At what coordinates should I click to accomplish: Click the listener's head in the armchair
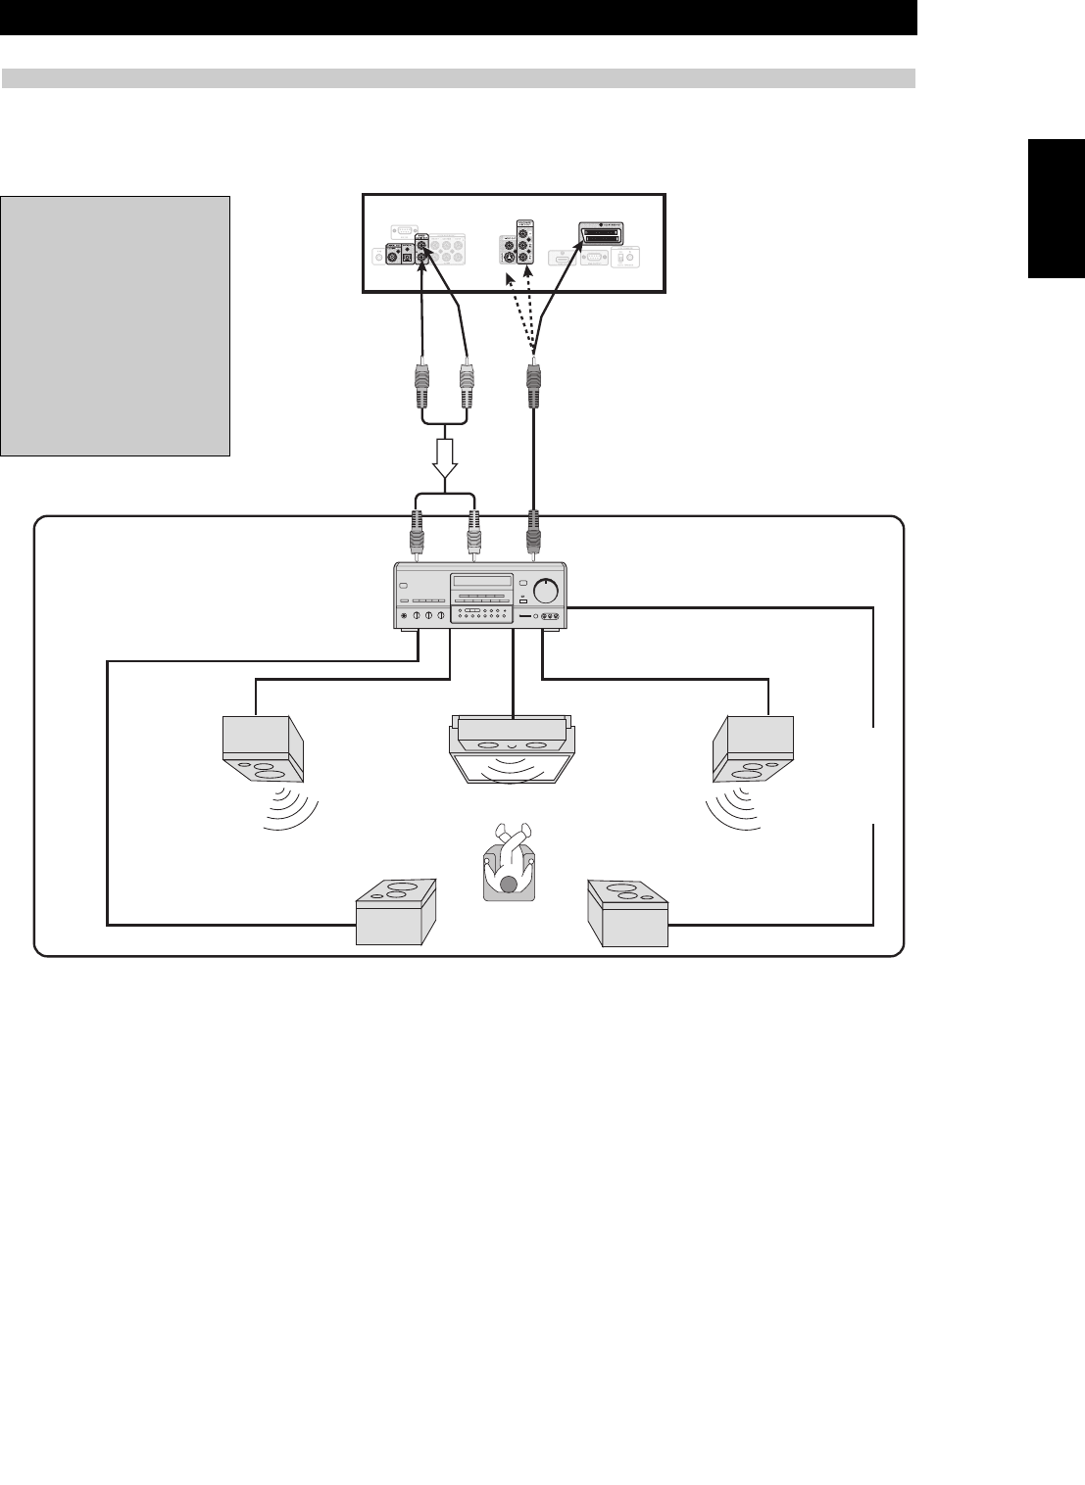508,885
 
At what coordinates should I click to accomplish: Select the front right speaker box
753,749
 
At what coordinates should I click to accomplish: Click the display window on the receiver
481,581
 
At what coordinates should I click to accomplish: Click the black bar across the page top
458,18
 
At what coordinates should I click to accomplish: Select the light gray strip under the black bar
458,77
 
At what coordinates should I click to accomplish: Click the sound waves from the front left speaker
291,808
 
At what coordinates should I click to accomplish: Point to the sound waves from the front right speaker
730,808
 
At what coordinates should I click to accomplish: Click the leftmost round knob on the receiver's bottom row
419,615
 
